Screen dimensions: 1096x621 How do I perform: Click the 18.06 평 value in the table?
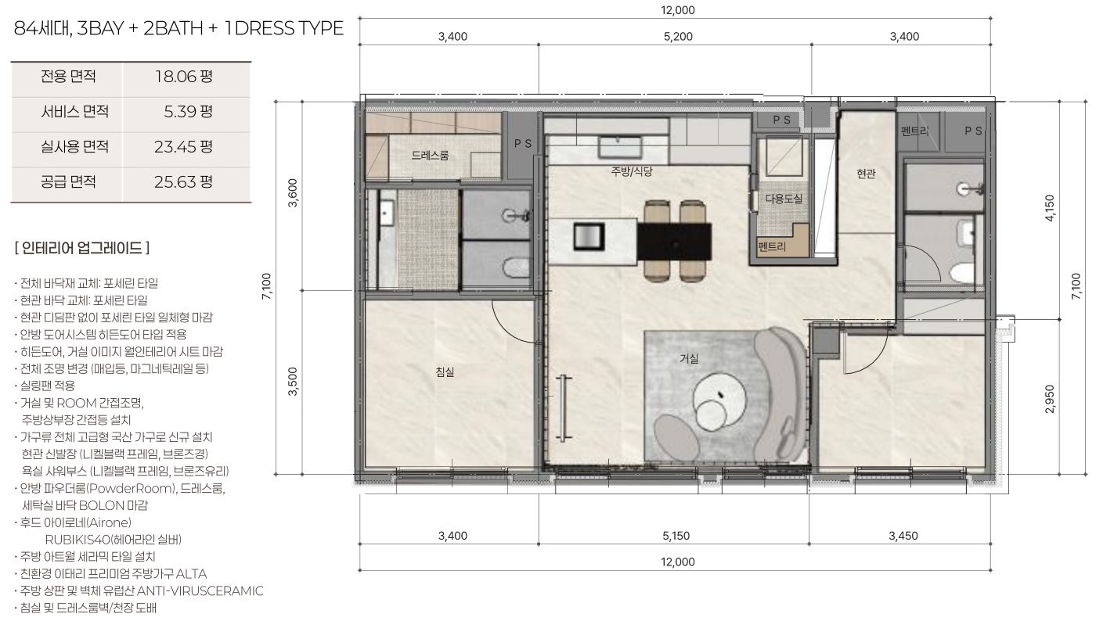coord(184,77)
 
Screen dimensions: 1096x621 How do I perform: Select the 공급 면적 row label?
coord(68,181)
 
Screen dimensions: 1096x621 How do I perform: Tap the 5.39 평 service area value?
coord(189,112)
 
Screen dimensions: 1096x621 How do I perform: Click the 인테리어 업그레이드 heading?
coord(82,248)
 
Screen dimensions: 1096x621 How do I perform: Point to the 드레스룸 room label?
coord(430,156)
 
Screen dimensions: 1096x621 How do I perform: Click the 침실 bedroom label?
coord(445,372)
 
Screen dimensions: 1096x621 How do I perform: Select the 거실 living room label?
coord(689,358)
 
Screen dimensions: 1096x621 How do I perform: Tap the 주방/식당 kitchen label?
coord(632,171)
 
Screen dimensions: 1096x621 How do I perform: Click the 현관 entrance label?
coord(866,174)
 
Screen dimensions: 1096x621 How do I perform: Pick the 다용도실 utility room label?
coord(784,199)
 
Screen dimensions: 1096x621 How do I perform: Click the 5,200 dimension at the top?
coord(678,37)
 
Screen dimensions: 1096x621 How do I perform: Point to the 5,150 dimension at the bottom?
coord(676,536)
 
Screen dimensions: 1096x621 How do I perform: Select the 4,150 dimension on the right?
coord(1050,208)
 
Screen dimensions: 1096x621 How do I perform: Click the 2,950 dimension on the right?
coord(1050,399)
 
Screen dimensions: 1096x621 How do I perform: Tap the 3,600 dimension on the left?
coord(293,193)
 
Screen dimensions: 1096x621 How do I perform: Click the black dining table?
coord(674,242)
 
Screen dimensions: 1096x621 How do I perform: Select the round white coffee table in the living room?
coord(719,402)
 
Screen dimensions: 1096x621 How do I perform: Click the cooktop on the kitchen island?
coord(589,237)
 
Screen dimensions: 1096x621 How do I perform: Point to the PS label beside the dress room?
coord(523,144)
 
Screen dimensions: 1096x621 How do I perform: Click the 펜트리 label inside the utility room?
coord(772,246)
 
